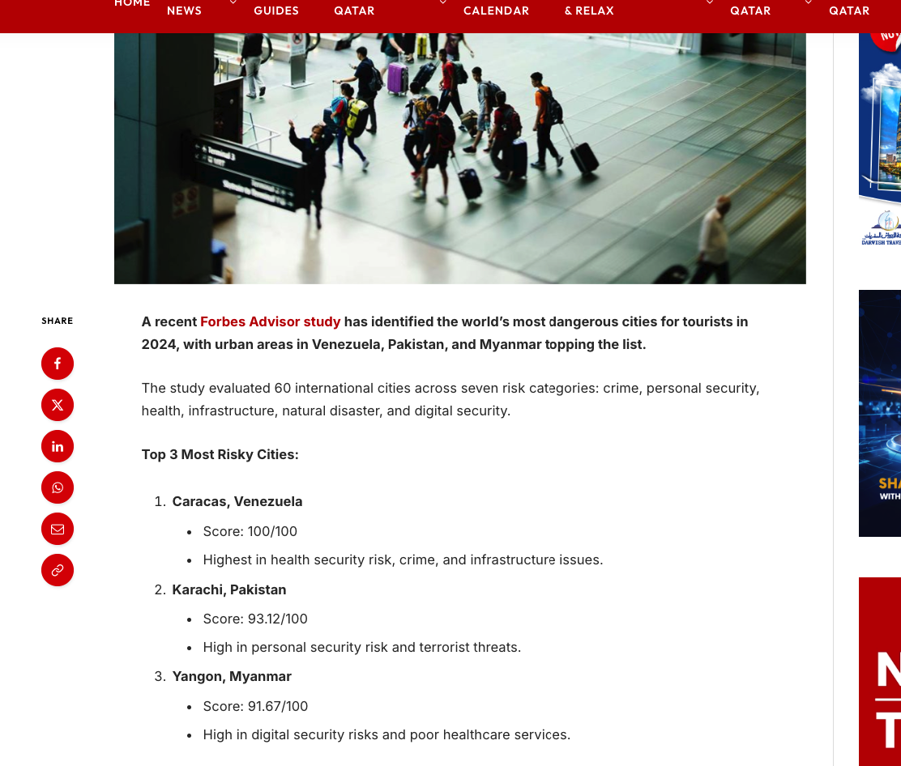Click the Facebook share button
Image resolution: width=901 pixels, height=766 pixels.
click(x=58, y=364)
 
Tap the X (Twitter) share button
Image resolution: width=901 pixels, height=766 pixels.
click(x=58, y=405)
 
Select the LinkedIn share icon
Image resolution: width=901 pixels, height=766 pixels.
click(x=58, y=446)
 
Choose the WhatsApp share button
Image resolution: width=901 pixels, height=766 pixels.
click(x=58, y=487)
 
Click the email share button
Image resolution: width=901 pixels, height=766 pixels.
click(x=58, y=529)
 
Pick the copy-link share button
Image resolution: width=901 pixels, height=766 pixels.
click(x=58, y=570)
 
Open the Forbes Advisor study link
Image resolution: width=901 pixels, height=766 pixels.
click(x=270, y=321)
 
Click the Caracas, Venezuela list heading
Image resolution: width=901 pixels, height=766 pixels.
click(x=237, y=501)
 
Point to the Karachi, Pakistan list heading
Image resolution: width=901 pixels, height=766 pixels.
click(x=228, y=589)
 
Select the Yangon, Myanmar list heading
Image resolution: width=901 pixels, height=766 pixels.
click(x=231, y=676)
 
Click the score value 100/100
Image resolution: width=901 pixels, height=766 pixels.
click(x=272, y=531)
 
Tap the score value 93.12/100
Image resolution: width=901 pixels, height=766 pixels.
click(x=277, y=619)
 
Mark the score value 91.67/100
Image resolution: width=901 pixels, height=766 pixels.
click(x=277, y=706)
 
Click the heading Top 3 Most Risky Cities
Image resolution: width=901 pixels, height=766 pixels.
click(x=220, y=454)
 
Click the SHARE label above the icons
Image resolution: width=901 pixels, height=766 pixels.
click(x=58, y=321)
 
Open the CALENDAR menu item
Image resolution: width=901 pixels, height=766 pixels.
click(x=496, y=11)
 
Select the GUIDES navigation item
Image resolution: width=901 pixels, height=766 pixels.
click(x=276, y=11)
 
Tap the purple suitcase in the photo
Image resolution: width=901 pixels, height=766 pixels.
click(x=397, y=79)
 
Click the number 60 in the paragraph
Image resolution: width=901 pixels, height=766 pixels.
click(x=283, y=388)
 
